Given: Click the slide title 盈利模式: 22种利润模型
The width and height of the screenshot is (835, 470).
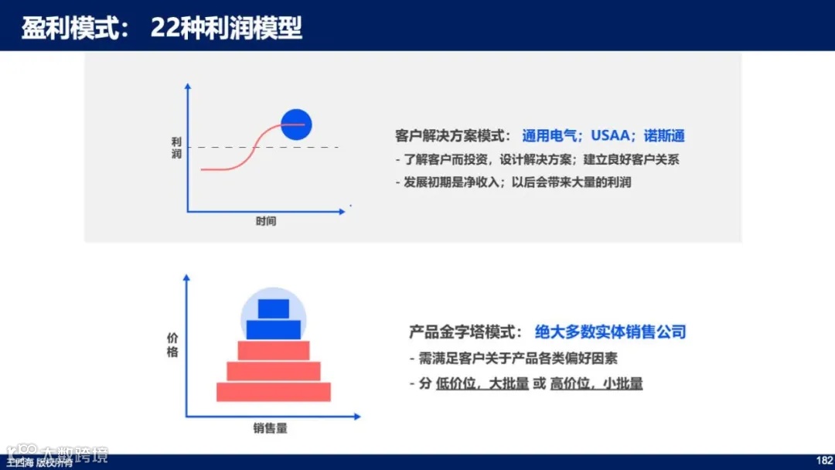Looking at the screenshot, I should coord(162,28).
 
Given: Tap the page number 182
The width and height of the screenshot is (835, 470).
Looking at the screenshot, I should coord(823,459).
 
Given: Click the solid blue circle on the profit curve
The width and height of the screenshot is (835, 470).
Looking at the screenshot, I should coord(295,124).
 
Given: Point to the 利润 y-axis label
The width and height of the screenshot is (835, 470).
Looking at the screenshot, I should coord(176,148).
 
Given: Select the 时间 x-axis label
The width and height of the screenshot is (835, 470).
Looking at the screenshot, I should coord(266,221).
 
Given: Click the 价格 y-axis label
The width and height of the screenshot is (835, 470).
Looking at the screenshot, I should coord(172,345).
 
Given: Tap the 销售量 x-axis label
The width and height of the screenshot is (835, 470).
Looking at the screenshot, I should coord(274,427).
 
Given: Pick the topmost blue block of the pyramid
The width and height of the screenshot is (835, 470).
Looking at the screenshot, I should coord(273,308).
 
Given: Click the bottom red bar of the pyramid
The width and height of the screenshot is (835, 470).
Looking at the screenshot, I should coord(273,392).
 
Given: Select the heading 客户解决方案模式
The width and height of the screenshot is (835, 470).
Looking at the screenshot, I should coord(452,136).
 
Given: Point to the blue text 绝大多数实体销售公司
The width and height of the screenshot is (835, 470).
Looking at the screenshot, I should coord(610,332).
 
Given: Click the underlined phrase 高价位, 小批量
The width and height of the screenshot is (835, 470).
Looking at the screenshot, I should coord(596,384).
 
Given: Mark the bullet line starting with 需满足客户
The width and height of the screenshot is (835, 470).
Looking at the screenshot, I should coord(513,359).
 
